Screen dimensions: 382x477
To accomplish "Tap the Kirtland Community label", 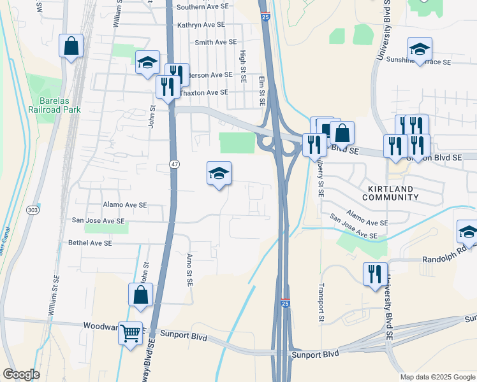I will click(391, 193).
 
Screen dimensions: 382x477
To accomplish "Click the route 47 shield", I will click(174, 164).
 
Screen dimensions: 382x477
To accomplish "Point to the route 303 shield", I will click(34, 209).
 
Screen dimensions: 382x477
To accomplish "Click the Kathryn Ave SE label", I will click(202, 24).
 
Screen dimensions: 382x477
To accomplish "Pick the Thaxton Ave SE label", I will click(203, 92).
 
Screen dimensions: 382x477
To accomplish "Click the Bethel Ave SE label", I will click(90, 243).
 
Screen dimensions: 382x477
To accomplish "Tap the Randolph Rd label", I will click(449, 260).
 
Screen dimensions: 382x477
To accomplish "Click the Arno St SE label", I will click(189, 270).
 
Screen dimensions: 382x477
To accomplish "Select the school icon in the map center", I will click(219, 173).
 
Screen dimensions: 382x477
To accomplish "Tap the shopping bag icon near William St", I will click(71, 46).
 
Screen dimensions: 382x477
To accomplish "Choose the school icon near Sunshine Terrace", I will click(420, 49).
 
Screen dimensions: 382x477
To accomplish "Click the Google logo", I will click(20, 374).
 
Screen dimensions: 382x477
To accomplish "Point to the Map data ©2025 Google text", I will click(437, 377).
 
